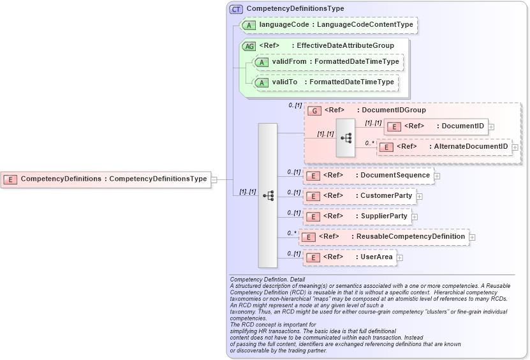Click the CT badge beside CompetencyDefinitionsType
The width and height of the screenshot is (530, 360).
tap(236, 9)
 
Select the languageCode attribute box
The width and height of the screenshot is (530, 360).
tap(328, 26)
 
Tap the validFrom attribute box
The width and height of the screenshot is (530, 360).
tap(328, 62)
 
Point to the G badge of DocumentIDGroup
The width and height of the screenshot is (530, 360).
tap(314, 110)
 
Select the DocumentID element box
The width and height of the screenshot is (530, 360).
tap(437, 126)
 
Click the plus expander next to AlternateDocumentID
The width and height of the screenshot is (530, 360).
tap(515, 147)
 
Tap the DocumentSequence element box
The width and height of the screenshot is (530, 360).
tap(369, 176)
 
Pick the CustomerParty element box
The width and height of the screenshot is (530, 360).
tap(360, 195)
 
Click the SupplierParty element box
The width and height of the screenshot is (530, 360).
tap(357, 216)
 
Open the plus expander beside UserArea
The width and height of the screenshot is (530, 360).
tap(400, 258)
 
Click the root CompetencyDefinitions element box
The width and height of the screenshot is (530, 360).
tap(106, 179)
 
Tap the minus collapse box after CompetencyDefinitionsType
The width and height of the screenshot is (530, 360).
tap(214, 179)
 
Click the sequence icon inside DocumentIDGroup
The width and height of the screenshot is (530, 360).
tap(346, 137)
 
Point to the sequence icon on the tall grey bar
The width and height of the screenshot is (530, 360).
tap(268, 195)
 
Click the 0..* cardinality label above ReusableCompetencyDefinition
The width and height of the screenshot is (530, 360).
tap(292, 233)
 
